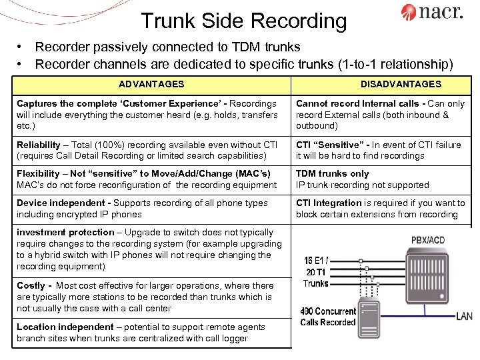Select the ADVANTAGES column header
tap(151, 84)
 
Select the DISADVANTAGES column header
tap(401, 84)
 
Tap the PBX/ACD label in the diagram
tap(428, 239)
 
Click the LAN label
tap(465, 315)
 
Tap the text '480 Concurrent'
tap(327, 311)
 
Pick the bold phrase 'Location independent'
tap(65, 327)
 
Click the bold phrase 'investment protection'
tap(65, 232)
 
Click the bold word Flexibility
tap(39, 173)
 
